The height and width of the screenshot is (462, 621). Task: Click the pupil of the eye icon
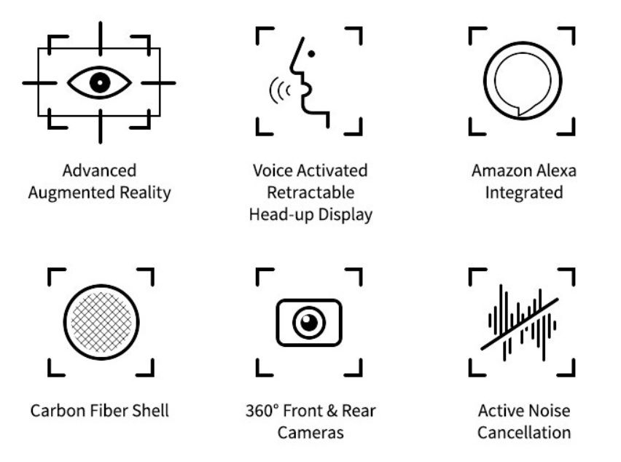[99, 83]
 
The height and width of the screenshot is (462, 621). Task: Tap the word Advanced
[99, 171]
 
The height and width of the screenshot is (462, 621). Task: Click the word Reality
[145, 193]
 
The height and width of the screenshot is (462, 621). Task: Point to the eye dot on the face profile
[311, 54]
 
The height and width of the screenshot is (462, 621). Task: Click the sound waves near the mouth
[280, 90]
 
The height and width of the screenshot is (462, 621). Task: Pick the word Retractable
[310, 193]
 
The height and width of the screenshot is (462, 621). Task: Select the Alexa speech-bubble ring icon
[523, 81]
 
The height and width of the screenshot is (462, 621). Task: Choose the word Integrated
[524, 193]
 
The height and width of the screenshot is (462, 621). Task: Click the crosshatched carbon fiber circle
[101, 322]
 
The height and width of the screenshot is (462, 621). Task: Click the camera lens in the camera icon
[309, 323]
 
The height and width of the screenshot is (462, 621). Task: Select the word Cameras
[310, 433]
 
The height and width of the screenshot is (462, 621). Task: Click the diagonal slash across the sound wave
[520, 324]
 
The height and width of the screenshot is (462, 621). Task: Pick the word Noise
[548, 410]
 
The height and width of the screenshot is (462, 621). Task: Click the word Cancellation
[524, 433]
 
